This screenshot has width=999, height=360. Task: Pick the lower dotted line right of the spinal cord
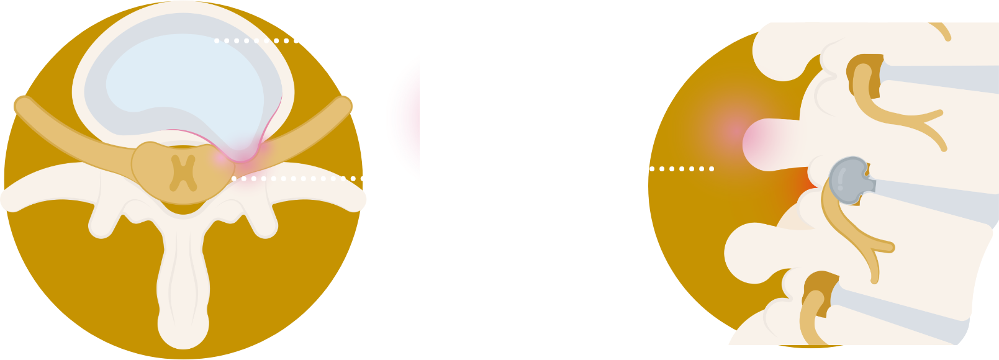click(304, 178)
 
